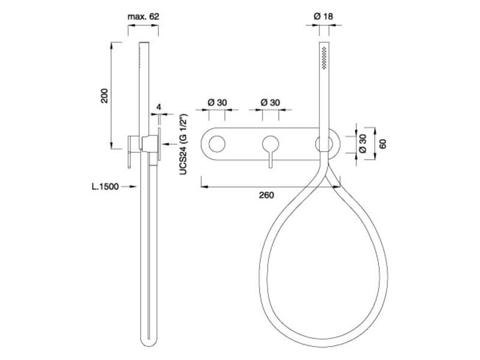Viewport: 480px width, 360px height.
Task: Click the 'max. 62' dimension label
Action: [143, 17]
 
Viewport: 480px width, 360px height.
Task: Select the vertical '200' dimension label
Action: [104, 95]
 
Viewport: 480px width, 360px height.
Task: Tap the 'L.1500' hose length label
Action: [105, 187]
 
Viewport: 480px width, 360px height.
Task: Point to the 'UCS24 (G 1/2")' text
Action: [183, 144]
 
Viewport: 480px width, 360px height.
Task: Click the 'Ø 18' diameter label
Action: [323, 16]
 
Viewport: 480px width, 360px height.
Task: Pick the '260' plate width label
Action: [266, 195]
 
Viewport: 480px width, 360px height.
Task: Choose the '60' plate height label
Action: [383, 144]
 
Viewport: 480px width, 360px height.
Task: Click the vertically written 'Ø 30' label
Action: [362, 143]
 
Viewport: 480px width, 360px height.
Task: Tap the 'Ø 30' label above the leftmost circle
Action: [217, 103]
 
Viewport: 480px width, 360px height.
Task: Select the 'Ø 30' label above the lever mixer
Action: [271, 103]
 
